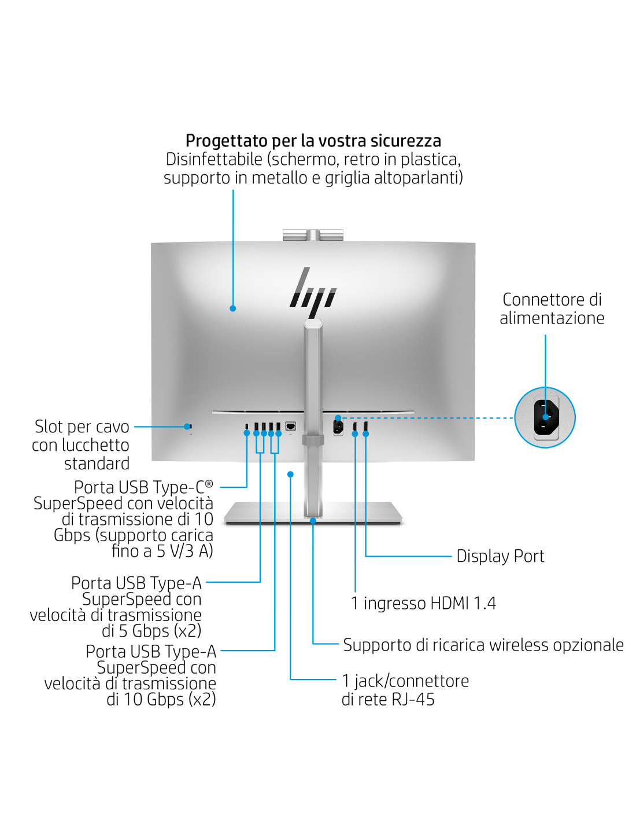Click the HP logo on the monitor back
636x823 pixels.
(313, 292)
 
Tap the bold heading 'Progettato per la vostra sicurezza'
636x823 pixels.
(313, 141)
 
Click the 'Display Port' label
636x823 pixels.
(500, 556)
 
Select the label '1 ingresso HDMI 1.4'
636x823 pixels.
(423, 603)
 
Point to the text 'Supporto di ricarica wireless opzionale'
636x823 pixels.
(483, 645)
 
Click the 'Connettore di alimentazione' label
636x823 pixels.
(552, 308)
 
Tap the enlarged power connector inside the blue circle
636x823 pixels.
(545, 417)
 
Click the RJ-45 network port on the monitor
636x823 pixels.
(291, 427)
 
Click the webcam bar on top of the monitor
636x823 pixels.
(313, 234)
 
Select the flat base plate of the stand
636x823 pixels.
(313, 513)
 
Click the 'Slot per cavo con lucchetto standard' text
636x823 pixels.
(81, 444)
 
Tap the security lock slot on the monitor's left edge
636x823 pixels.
(190, 427)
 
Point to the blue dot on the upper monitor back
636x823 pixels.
(233, 308)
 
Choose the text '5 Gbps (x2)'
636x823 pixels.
(160, 631)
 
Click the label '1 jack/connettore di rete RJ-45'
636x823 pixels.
(405, 690)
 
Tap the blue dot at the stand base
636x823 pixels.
(313, 521)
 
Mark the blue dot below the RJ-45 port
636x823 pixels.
(290, 475)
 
